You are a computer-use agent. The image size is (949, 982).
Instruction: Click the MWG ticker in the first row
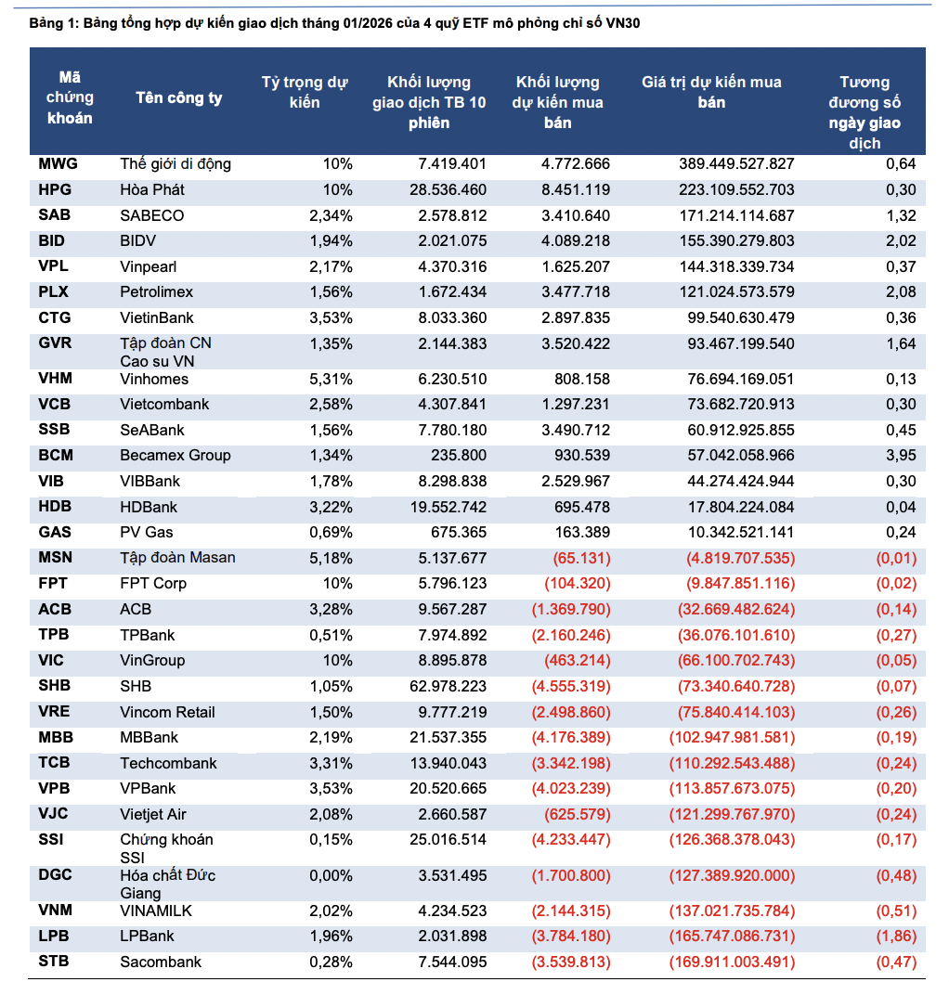(58, 164)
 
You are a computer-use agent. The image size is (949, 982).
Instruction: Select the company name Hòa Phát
(153, 190)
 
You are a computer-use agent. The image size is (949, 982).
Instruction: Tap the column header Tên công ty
(179, 98)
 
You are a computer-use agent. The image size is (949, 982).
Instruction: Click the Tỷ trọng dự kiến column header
(304, 92)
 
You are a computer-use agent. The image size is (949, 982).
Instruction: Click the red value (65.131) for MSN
(579, 559)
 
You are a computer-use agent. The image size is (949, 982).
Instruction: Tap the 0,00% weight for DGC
(332, 875)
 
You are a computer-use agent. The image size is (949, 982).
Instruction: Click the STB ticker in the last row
(54, 962)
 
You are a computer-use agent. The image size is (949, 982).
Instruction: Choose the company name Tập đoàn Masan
(177, 558)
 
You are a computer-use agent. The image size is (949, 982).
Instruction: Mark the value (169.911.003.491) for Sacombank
(731, 962)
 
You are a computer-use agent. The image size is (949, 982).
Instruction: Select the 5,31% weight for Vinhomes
(332, 379)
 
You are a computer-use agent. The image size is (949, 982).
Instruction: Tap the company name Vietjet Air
(153, 814)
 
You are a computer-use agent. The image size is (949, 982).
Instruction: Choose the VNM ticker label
(57, 911)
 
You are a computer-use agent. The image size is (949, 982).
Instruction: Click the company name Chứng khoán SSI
(166, 848)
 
